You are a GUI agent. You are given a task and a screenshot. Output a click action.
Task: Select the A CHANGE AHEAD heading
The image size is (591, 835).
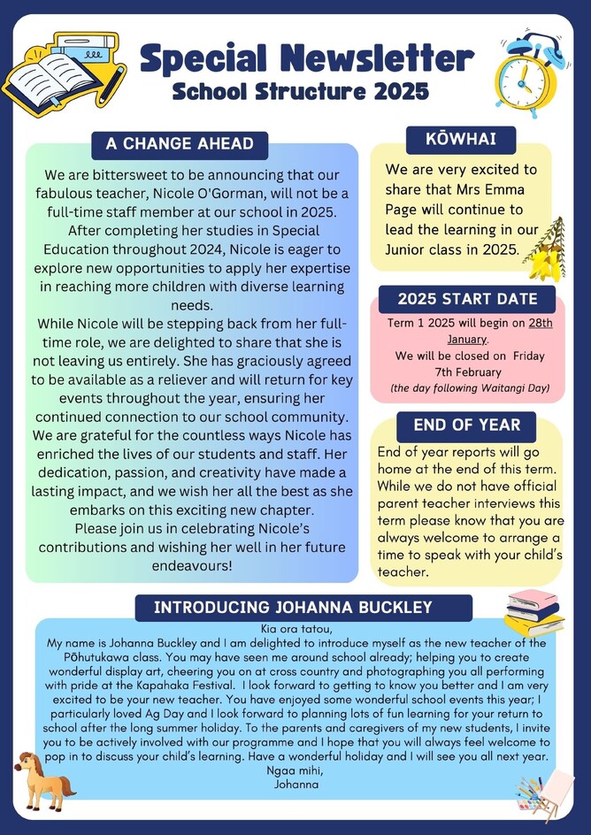pos(180,143)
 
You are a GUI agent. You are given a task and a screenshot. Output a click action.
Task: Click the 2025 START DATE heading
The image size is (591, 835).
pos(467,299)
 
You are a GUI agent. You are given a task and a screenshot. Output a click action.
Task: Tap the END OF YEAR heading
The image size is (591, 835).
pos(466,425)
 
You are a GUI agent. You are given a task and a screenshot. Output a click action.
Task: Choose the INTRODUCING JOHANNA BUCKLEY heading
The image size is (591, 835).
pos(293,607)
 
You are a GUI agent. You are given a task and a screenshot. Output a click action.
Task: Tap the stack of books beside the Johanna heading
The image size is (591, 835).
pos(533,611)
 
